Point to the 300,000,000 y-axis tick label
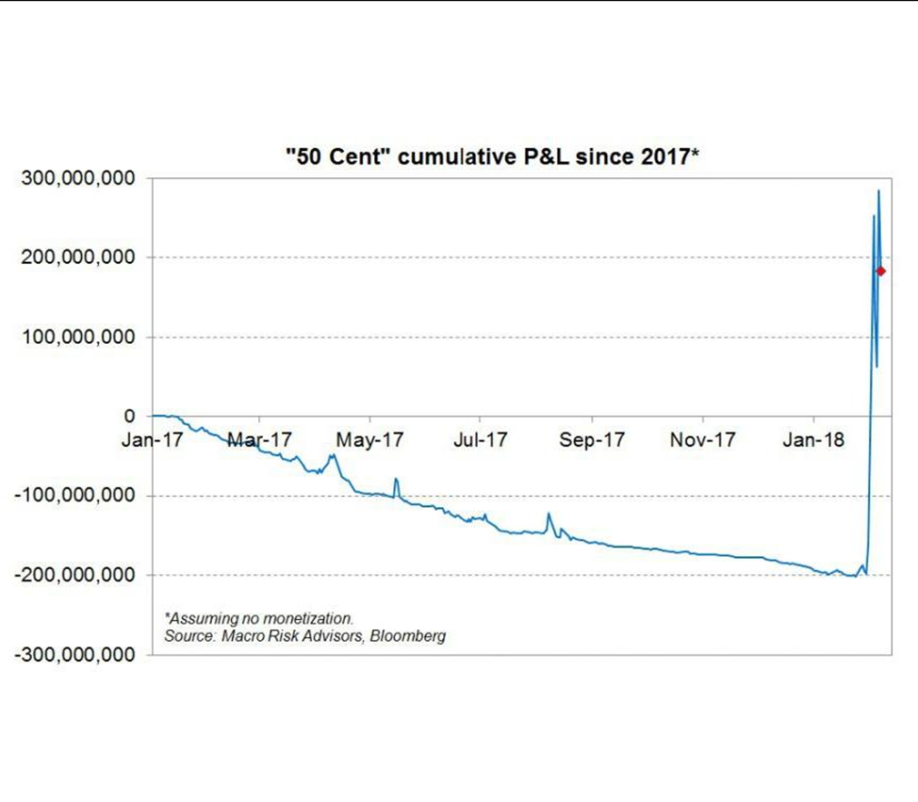[77, 179]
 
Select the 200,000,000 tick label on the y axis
[77, 258]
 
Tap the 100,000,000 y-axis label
[77, 337]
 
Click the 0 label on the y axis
[130, 417]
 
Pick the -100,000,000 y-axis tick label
[74, 496]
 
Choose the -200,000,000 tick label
[74, 575]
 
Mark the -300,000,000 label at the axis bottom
[74, 654]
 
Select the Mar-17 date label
[260, 439]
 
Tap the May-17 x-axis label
[370, 439]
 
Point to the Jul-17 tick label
[481, 439]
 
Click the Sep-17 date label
[592, 439]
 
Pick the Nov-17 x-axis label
[702, 439]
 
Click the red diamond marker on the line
[880, 271]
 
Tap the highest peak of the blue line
[878, 191]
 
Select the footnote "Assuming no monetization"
[259, 619]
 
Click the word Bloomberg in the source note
[408, 636]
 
